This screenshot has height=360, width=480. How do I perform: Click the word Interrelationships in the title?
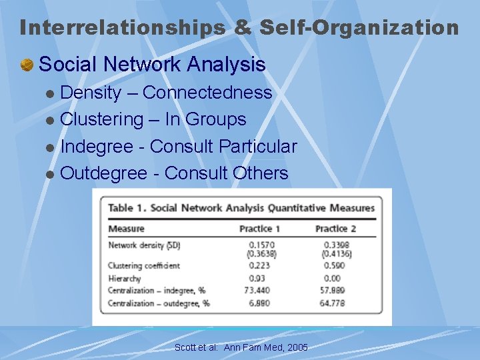pyautogui.click(x=122, y=28)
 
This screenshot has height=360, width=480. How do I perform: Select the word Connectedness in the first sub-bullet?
pyautogui.click(x=207, y=93)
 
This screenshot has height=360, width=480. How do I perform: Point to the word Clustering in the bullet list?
pyautogui.click(x=102, y=120)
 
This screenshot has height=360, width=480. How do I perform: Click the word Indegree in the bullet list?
pyautogui.click(x=101, y=147)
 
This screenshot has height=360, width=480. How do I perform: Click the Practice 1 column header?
pyautogui.click(x=259, y=229)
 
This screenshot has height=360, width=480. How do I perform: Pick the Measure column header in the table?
pyautogui.click(x=127, y=229)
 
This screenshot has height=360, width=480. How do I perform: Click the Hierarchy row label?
pyautogui.click(x=125, y=278)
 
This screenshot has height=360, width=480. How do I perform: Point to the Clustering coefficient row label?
pyautogui.click(x=144, y=265)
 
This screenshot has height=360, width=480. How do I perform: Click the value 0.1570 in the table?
pyautogui.click(x=261, y=245)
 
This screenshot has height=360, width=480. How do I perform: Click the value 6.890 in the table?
pyautogui.click(x=261, y=303)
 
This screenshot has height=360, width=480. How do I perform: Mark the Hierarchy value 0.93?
pyautogui.click(x=261, y=278)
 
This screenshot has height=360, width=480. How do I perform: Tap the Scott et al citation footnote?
pyautogui.click(x=241, y=347)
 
